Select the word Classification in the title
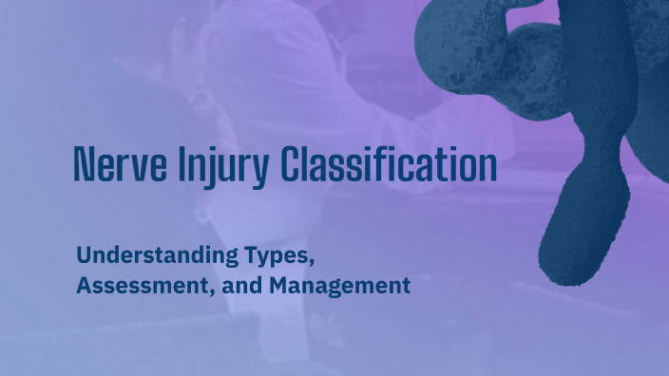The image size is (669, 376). tap(390, 164)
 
